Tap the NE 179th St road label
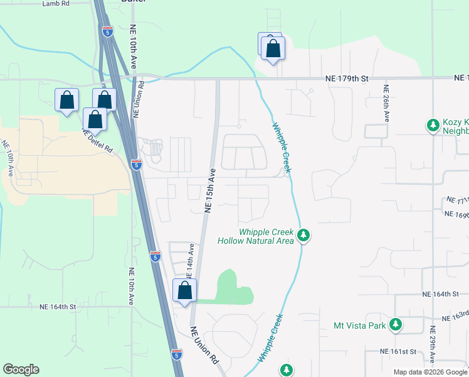(348, 79)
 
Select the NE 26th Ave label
(387, 103)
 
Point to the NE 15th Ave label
(211, 190)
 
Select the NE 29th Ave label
(433, 345)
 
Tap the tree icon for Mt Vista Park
(396, 325)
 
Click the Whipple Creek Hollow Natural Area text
(256, 236)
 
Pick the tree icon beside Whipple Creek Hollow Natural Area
(303, 236)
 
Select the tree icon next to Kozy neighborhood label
(433, 126)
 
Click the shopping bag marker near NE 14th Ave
(184, 290)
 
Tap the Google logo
(21, 369)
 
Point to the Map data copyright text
(430, 372)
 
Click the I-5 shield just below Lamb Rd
(109, 31)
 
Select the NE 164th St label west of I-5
(57, 307)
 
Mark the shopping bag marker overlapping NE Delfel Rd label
(95, 119)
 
